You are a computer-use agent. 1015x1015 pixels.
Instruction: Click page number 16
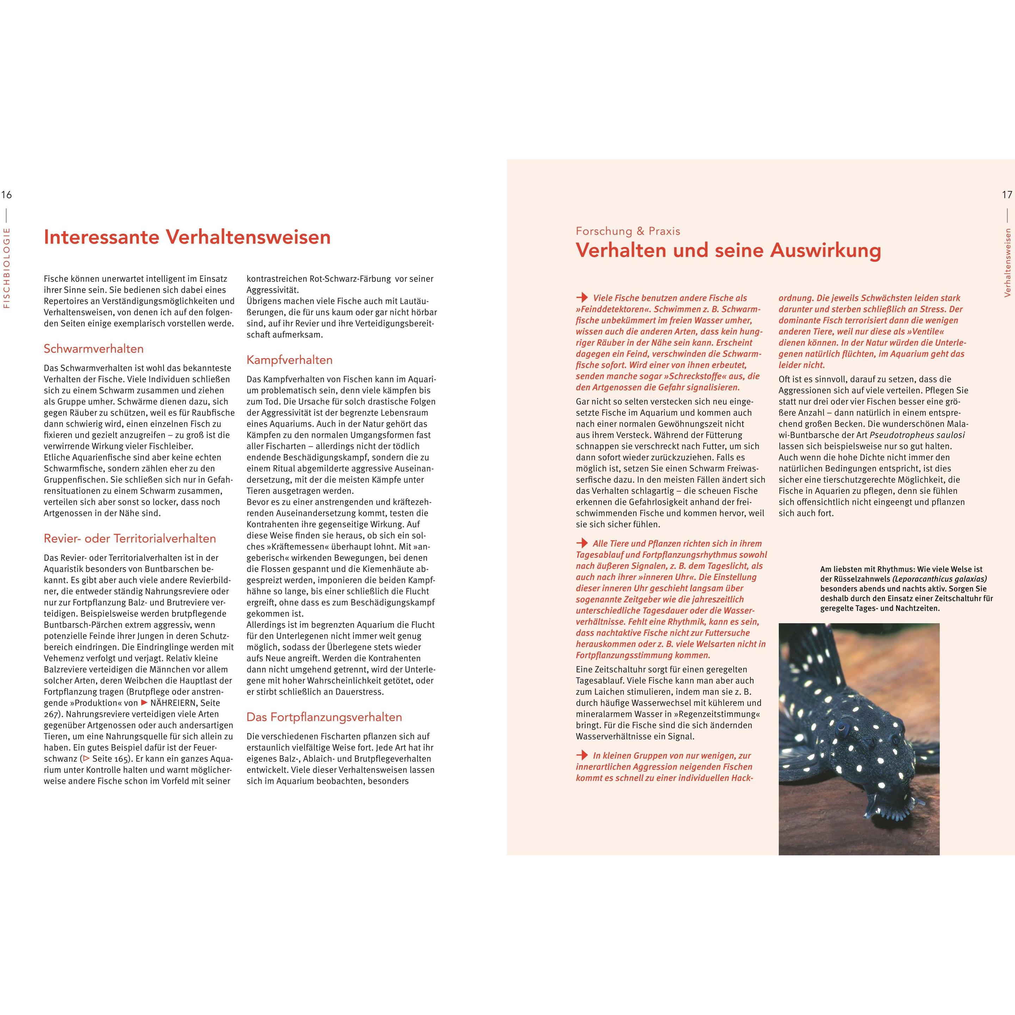click(x=6, y=195)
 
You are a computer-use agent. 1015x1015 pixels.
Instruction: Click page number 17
click(x=1007, y=195)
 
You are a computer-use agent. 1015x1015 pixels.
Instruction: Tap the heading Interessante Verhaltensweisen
click(x=187, y=237)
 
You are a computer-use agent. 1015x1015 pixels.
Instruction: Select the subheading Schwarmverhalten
click(x=93, y=349)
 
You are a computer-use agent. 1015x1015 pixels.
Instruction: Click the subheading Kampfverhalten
click(x=289, y=360)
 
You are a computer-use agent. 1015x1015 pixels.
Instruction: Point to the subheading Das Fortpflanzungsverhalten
click(x=324, y=717)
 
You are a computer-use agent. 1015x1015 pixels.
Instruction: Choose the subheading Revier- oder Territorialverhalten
click(x=130, y=539)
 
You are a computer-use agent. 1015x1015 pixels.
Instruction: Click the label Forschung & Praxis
click(x=628, y=231)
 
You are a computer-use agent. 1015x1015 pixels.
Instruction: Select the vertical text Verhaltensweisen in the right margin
click(x=1007, y=262)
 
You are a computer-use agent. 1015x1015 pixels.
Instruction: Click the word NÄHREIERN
click(x=174, y=703)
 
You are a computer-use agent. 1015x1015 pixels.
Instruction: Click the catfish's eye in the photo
click(x=845, y=728)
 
